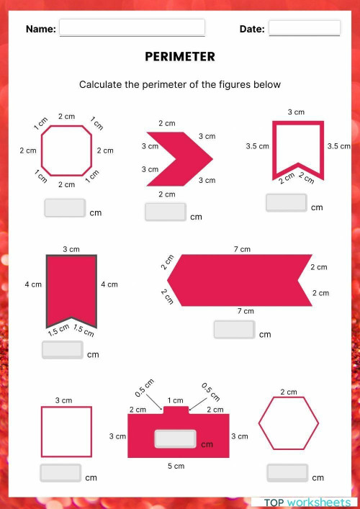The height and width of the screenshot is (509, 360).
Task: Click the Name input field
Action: point(132,28)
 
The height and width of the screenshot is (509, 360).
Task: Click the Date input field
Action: point(304,28)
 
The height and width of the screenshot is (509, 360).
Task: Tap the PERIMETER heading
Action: point(180,57)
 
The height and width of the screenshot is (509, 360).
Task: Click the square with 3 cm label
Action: point(66,432)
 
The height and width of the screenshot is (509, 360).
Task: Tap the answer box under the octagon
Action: point(65,208)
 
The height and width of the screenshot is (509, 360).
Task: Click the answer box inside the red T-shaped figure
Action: point(176,439)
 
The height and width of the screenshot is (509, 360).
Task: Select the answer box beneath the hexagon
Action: point(287,473)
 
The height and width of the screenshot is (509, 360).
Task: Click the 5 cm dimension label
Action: point(176,467)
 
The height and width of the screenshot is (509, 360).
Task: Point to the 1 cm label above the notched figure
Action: point(175,400)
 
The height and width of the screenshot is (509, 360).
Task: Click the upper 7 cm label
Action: point(242,249)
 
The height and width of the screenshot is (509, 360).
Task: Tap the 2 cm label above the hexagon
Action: point(288,392)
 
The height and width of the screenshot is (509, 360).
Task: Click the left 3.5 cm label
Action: point(257,146)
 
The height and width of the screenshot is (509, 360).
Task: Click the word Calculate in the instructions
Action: point(101,84)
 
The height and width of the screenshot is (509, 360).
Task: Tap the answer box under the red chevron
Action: point(165,212)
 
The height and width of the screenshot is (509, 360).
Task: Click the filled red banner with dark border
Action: point(71,288)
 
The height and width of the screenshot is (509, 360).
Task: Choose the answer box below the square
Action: point(60,473)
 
